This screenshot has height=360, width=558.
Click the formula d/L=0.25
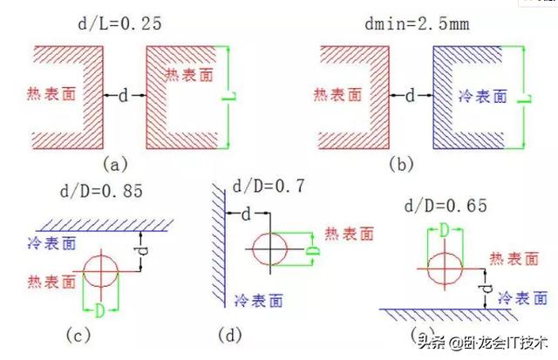point(119,24)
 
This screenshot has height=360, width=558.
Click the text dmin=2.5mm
point(417,24)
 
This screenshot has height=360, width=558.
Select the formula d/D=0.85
point(101,191)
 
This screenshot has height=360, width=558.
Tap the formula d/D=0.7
point(269,186)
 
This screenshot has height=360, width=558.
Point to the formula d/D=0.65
point(446,206)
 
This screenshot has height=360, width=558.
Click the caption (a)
point(115,165)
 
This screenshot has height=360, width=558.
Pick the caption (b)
point(401,165)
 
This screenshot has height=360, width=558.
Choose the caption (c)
point(78,335)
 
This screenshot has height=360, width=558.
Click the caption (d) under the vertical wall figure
point(230,335)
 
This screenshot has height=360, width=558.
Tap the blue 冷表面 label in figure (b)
point(483,97)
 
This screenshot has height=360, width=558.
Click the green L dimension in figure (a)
point(228,97)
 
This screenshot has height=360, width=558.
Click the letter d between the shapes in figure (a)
point(123,95)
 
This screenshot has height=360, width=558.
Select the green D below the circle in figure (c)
point(100,311)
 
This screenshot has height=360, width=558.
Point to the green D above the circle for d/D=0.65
point(444,230)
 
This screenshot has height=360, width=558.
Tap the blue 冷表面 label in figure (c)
point(52,244)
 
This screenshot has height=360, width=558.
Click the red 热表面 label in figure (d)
point(350,234)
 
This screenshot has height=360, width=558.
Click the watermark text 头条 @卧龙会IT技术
point(482,343)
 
